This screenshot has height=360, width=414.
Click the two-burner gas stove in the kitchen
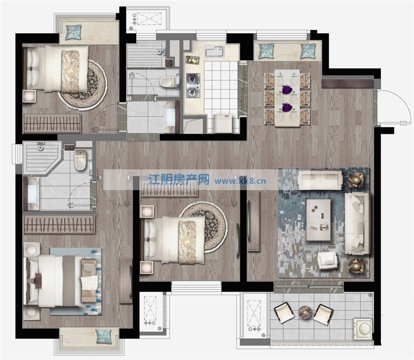(193, 85)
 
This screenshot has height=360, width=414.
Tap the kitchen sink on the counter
(215, 51)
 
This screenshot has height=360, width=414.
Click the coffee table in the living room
(318, 220)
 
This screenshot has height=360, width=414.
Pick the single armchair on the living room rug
(328, 261)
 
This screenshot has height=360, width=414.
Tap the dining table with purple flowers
(287, 98)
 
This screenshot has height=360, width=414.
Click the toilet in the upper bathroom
(169, 82)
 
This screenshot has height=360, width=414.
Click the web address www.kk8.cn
(240, 181)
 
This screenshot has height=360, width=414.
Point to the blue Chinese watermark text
(179, 180)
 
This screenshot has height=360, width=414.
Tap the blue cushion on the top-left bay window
(73, 32)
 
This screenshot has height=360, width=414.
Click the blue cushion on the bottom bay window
(103, 336)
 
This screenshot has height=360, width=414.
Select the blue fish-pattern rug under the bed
(76, 281)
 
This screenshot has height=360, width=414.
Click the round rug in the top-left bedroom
(83, 83)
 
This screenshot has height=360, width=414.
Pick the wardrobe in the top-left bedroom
(52, 123)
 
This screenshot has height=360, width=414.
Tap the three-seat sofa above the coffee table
(320, 180)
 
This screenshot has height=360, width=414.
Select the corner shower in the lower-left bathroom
(42, 158)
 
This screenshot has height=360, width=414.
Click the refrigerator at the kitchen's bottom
(223, 123)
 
